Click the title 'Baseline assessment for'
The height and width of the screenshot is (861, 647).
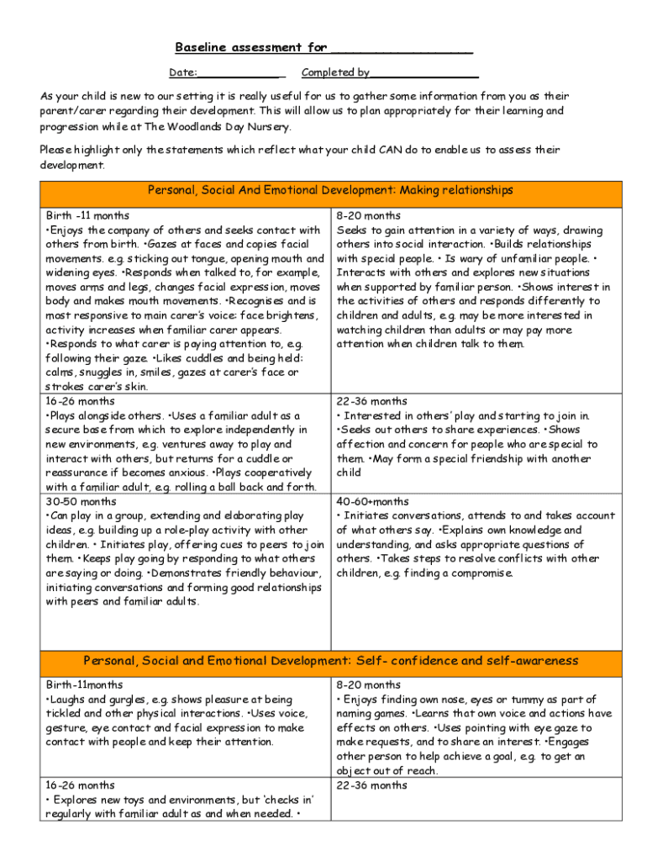250,47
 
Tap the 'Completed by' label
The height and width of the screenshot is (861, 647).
335,72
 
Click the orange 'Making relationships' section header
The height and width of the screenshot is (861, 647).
330,191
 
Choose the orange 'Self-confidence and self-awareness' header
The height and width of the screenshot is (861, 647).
330,660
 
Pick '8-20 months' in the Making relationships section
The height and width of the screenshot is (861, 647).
369,216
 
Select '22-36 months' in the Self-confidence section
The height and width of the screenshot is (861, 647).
371,785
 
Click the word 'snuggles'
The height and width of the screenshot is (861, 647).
100,372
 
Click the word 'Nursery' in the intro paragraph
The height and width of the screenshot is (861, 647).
265,126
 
